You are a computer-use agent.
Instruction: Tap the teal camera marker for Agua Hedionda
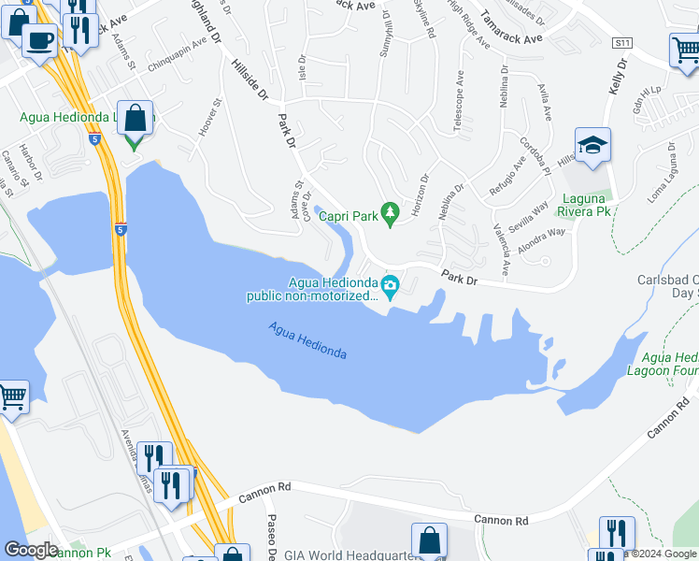coord(391,286)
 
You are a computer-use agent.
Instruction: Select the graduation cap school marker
coord(592,146)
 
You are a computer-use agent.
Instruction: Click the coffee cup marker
coord(39,41)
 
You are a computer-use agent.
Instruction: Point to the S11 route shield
coord(621,43)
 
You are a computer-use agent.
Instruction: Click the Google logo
coord(31,550)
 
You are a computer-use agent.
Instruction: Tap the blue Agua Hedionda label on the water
coord(307,340)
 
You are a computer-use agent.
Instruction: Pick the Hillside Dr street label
coord(250,82)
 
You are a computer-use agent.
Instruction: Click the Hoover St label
coord(208,119)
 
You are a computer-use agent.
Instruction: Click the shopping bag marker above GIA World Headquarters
coord(429,539)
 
